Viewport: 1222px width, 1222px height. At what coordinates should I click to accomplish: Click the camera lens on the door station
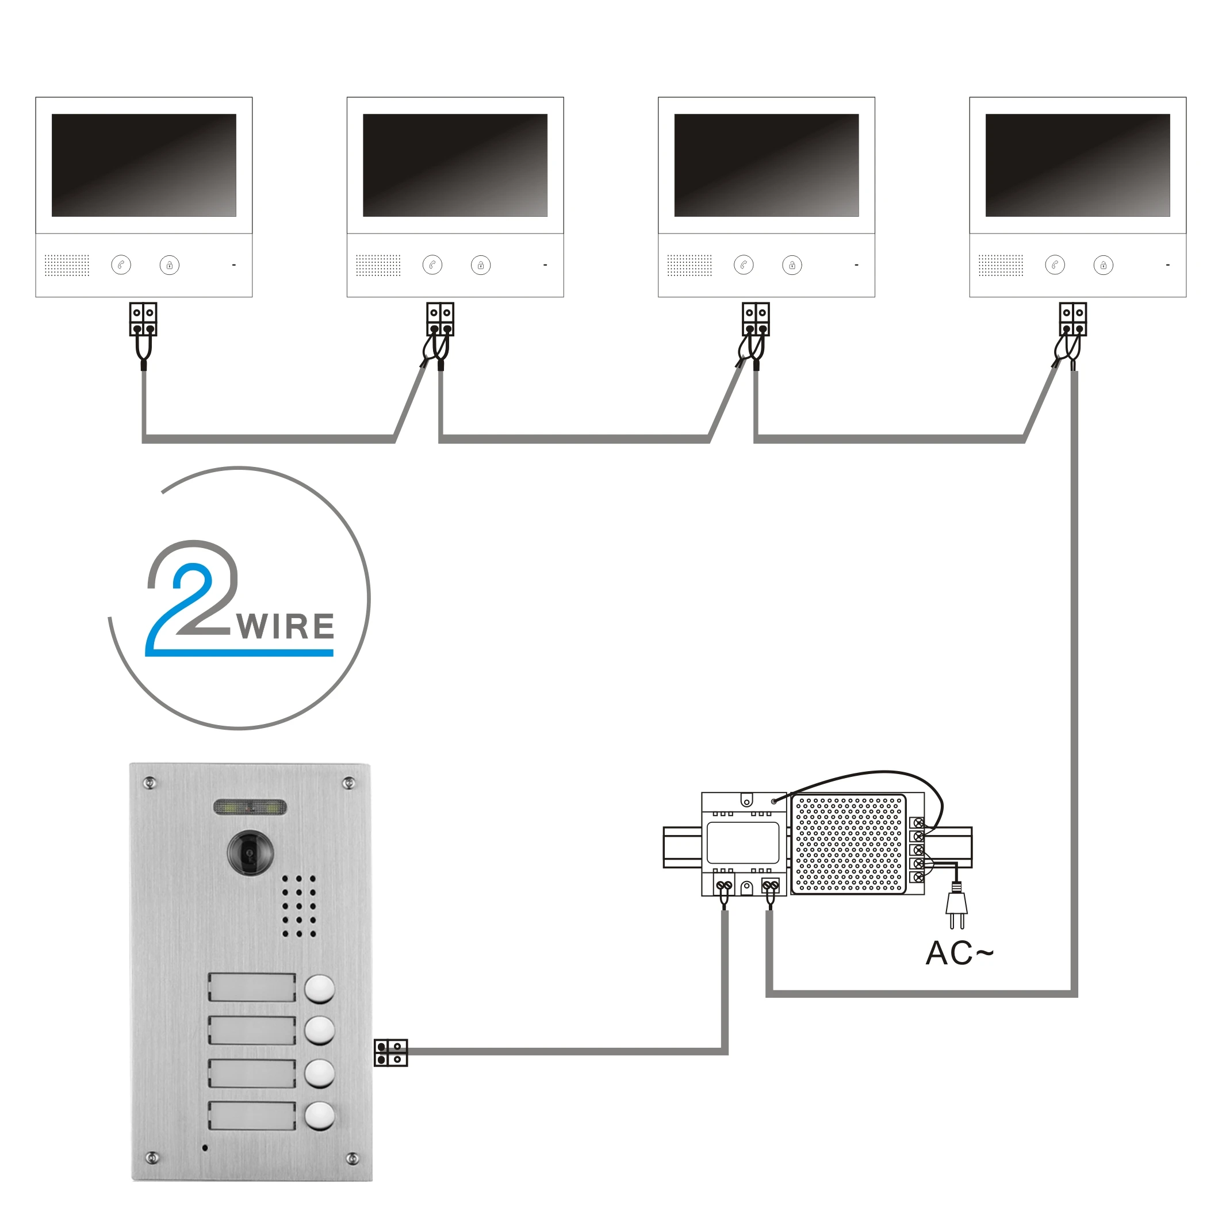pyautogui.click(x=251, y=853)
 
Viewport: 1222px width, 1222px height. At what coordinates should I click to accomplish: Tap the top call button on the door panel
pyautogui.click(x=319, y=989)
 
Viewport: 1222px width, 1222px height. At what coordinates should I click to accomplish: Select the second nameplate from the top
pyautogui.click(x=252, y=1031)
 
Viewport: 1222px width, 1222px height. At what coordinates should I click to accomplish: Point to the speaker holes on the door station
pyautogui.click(x=298, y=906)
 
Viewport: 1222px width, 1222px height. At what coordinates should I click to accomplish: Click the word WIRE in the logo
pyautogui.click(x=286, y=627)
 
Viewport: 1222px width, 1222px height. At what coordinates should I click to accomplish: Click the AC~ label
pyautogui.click(x=958, y=953)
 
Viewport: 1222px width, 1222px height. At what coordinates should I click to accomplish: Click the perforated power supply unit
pyautogui.click(x=849, y=844)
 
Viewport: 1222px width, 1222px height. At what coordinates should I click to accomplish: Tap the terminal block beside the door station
pyautogui.click(x=390, y=1052)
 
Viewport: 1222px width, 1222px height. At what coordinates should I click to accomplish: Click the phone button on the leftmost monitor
pyautogui.click(x=121, y=265)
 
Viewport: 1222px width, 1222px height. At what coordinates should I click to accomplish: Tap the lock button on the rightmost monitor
pyautogui.click(x=1103, y=265)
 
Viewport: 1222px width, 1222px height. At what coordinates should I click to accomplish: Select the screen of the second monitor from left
pyautogui.click(x=455, y=165)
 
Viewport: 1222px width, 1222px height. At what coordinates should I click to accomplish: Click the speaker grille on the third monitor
pyautogui.click(x=689, y=265)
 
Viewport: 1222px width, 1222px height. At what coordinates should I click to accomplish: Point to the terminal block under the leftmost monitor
pyautogui.click(x=143, y=319)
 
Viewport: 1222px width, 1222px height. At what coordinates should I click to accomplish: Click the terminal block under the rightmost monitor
pyautogui.click(x=1072, y=319)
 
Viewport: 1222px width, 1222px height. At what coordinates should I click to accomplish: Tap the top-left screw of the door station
pyautogui.click(x=150, y=783)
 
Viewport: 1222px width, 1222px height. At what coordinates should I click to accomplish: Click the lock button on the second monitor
pyautogui.click(x=481, y=265)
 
